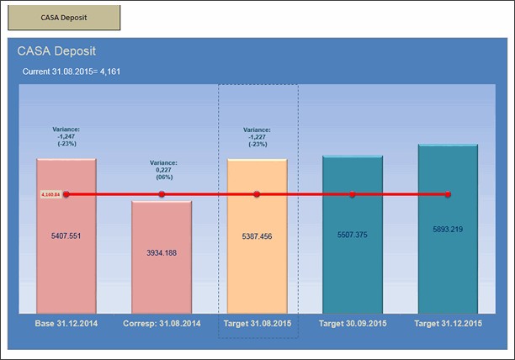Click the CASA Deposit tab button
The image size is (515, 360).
click(x=64, y=17)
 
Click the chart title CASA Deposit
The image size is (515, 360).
click(x=57, y=51)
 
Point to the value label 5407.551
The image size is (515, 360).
click(x=66, y=236)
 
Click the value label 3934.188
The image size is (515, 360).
click(x=162, y=251)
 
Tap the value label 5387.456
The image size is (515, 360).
click(x=257, y=236)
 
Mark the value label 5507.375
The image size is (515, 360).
click(x=352, y=235)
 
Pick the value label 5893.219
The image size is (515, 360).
click(x=448, y=229)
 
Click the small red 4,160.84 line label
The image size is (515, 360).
click(x=51, y=194)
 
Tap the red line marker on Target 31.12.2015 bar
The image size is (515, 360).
click(x=448, y=194)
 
